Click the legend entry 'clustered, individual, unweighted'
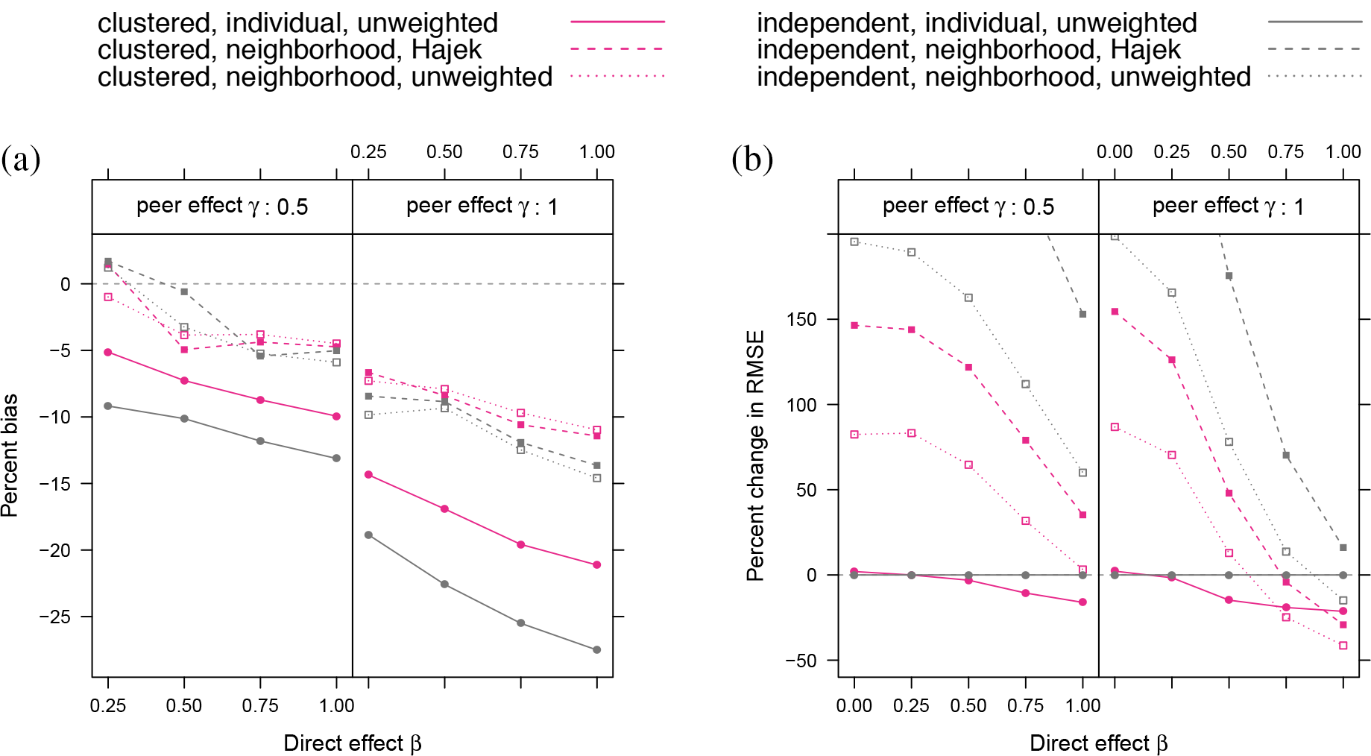click(297, 23)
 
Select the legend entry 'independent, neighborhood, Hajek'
click(968, 50)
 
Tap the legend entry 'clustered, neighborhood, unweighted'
click(324, 77)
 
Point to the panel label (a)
click(21, 159)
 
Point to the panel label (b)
click(751, 159)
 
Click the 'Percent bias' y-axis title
click(10, 455)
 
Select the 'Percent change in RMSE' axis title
click(755, 455)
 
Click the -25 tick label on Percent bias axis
click(55, 617)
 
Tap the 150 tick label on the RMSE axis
click(801, 319)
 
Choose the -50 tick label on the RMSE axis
click(801, 661)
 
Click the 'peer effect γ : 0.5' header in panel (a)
click(222, 207)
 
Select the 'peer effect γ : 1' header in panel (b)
click(1228, 207)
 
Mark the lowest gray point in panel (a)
click(596, 650)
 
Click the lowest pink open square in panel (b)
click(1343, 646)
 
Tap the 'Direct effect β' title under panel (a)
click(352, 743)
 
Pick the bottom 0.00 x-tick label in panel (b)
click(854, 705)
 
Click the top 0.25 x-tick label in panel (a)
click(368, 152)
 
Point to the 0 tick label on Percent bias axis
click(66, 284)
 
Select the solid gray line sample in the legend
click(1314, 22)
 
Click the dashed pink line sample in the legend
click(617, 49)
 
